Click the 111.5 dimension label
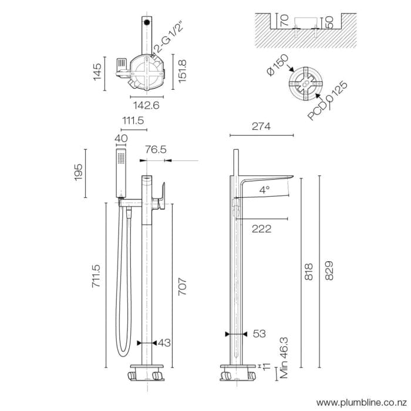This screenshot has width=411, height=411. [x=132, y=120]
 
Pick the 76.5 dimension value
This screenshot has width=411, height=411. [x=156, y=150]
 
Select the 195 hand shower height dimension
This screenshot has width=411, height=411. [x=78, y=173]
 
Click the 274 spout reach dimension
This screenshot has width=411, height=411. [x=261, y=126]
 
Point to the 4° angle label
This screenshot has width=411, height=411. [x=264, y=190]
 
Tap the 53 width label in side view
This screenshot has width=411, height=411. [x=259, y=333]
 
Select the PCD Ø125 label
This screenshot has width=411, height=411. [x=328, y=102]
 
